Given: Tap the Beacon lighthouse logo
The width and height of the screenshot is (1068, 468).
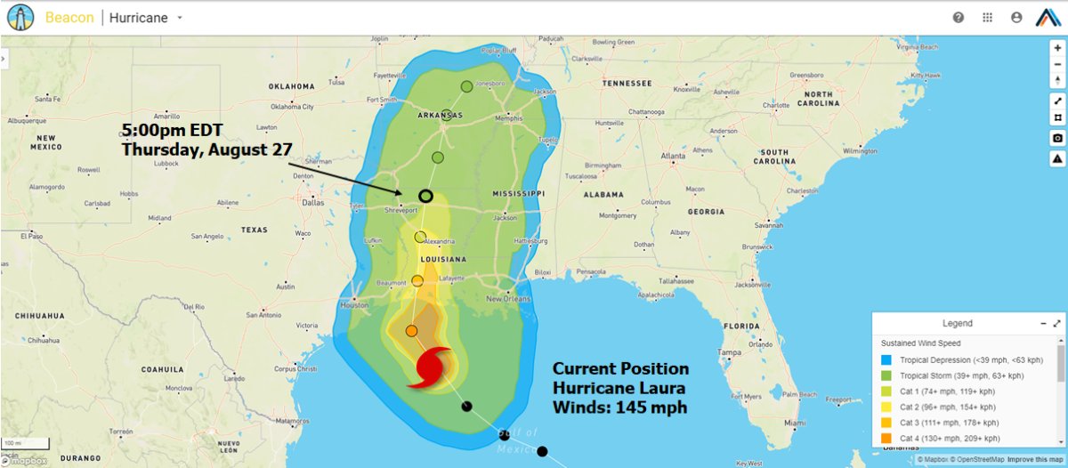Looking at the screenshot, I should click(x=20, y=17).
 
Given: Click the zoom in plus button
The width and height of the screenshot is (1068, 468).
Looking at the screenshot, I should click(x=1056, y=47).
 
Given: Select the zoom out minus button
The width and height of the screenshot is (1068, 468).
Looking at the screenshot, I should click(x=1056, y=63).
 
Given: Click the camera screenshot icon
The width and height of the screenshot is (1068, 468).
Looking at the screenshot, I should click(x=1056, y=138).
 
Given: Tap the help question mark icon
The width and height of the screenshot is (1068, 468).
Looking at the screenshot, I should click(x=959, y=18).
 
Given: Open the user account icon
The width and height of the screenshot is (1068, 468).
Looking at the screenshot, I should click(x=1016, y=18).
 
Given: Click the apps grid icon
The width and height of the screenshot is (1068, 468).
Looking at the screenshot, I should click(x=987, y=18).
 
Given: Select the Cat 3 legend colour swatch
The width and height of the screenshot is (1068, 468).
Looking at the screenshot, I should click(x=887, y=423).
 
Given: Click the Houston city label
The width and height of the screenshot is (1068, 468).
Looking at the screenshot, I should click(x=354, y=304).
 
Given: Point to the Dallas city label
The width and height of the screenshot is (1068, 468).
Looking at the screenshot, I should click(x=312, y=202).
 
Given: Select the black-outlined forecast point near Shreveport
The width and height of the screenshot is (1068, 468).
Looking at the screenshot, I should click(x=425, y=197).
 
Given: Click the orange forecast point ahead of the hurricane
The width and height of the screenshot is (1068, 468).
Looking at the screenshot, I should click(x=411, y=331).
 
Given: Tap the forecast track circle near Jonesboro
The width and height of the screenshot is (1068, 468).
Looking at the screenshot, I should click(x=466, y=86).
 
